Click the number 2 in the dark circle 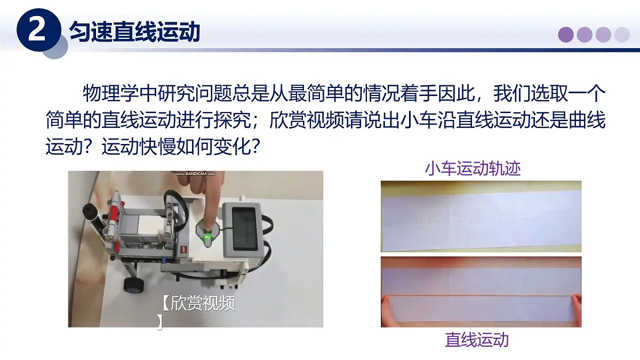pyautogui.click(x=37, y=30)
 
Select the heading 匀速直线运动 pyautogui.click(x=134, y=31)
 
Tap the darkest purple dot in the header pyautogui.click(x=566, y=35)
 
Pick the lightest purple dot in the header pyautogui.click(x=622, y=35)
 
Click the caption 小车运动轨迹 pyautogui.click(x=473, y=169)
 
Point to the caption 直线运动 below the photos pyautogui.click(x=477, y=340)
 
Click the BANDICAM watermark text pyautogui.click(x=195, y=174)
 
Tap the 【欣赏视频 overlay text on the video pyautogui.click(x=199, y=303)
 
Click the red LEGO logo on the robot pyautogui.click(x=184, y=250)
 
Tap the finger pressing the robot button pyautogui.click(x=210, y=202)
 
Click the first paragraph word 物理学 pyautogui.click(x=110, y=93)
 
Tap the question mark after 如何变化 pyautogui.click(x=255, y=147)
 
